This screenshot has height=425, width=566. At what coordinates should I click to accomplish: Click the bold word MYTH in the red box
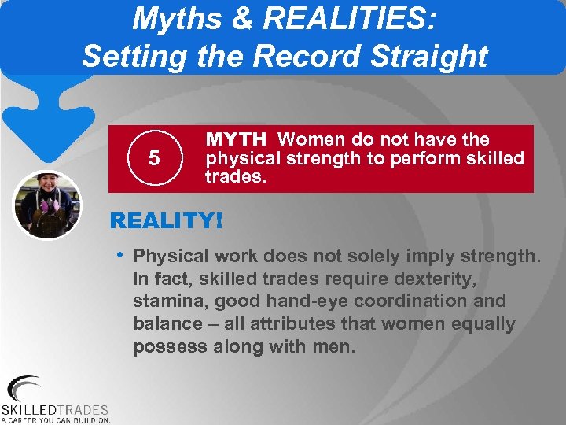(x=236, y=140)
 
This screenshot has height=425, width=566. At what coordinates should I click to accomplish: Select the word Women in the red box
(x=309, y=140)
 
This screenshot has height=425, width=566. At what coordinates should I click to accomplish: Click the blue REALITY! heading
(x=167, y=220)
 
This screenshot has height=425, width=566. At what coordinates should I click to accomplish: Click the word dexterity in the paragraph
(x=429, y=279)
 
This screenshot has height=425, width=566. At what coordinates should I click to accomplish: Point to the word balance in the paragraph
(x=167, y=324)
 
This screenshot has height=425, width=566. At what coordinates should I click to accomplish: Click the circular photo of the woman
(x=47, y=205)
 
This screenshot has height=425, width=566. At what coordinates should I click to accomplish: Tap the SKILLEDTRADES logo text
(x=55, y=409)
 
